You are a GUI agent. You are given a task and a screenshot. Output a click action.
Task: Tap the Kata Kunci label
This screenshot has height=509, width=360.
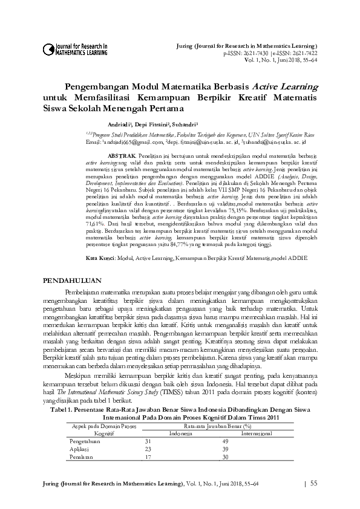[x=99, y=258]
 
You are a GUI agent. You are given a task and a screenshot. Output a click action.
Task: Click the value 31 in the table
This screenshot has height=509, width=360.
[x=148, y=442]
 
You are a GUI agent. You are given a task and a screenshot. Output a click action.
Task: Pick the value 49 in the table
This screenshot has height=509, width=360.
[x=225, y=442]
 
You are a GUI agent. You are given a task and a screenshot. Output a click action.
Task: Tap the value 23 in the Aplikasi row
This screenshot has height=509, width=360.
[x=148, y=449]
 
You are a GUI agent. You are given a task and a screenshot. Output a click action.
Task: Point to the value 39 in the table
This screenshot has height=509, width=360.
[x=225, y=449]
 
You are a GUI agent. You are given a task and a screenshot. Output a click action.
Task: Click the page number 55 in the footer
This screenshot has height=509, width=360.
[x=313, y=484]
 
